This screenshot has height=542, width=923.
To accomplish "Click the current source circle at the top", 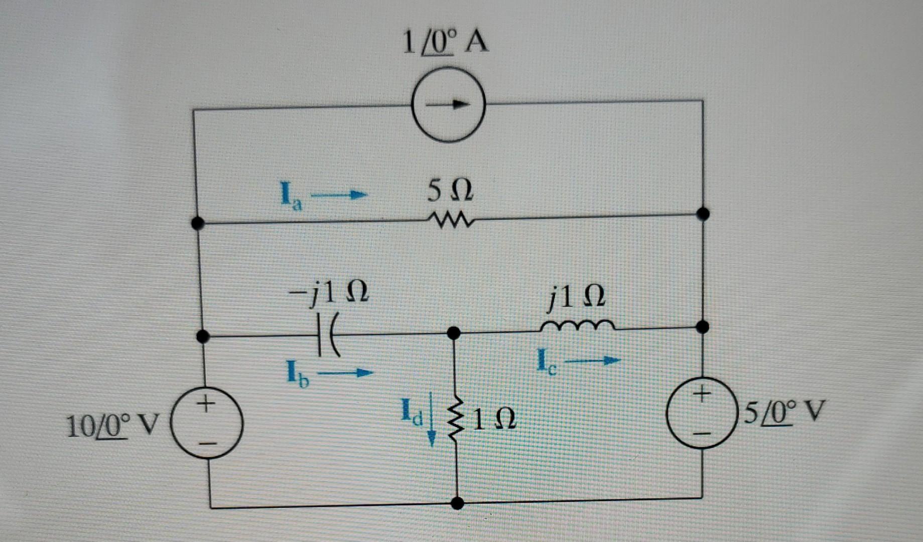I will [448, 104].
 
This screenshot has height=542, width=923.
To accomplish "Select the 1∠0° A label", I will [445, 42].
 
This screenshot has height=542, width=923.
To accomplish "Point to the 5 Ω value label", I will [450, 191].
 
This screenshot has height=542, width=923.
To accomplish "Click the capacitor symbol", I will [329, 335].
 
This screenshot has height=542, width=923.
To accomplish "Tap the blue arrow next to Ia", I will [339, 195].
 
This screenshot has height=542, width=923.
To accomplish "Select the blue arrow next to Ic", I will [592, 360].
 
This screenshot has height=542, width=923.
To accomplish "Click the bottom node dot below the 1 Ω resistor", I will [457, 503].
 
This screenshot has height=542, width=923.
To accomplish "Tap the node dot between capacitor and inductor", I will [454, 332].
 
